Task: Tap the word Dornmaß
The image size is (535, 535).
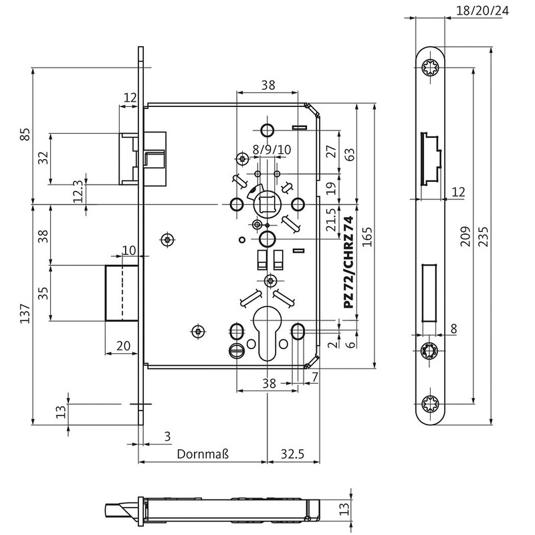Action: click(203, 454)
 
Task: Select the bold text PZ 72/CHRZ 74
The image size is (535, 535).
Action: click(347, 261)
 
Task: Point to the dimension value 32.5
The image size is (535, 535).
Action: click(293, 454)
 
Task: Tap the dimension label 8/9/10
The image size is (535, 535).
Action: click(272, 150)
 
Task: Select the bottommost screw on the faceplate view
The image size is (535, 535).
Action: click(429, 404)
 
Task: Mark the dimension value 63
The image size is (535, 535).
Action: click(348, 154)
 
